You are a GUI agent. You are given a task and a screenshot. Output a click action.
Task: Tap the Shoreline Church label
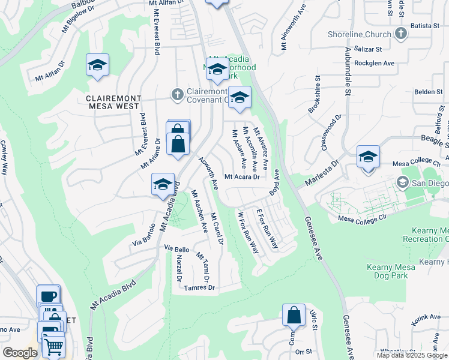[359, 34]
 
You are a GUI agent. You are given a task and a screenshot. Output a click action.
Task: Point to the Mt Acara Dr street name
[242, 177]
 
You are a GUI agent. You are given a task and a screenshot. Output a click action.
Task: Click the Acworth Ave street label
[208, 172]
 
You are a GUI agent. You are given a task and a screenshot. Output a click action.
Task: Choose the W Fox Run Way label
[248, 232]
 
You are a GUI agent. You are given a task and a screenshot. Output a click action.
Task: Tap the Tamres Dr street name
[200, 288]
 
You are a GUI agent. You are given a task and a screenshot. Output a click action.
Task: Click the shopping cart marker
[53, 346]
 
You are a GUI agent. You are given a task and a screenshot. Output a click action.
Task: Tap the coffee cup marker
[48, 296]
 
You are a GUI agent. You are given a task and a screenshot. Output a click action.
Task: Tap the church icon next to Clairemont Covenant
[177, 94]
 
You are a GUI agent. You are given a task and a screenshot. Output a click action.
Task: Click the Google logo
[20, 353]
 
